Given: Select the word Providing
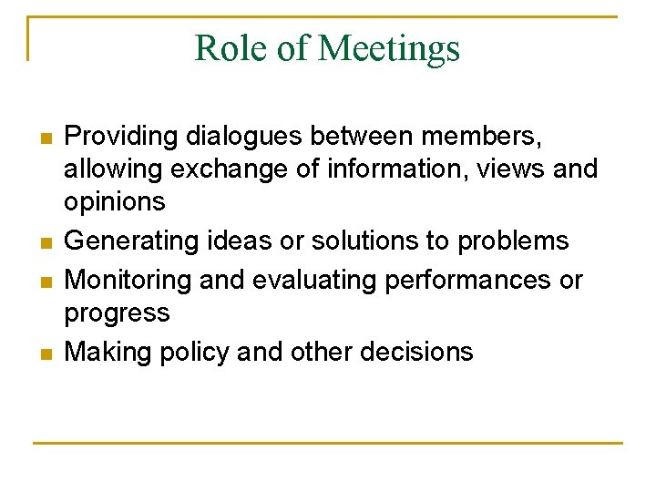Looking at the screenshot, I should point(121,137).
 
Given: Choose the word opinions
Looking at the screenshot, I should point(114,201).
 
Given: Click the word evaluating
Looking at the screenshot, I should point(310,280).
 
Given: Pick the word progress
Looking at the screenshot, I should point(117,313).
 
